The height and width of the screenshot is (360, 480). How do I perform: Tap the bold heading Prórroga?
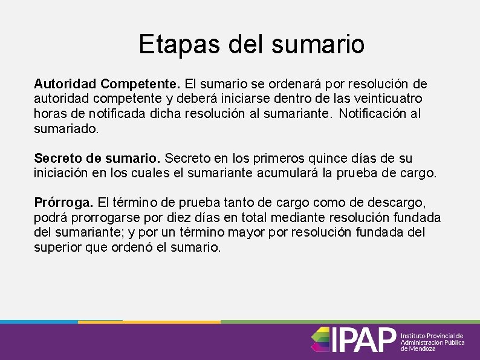pos(63,202)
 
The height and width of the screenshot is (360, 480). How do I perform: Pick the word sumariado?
pos(65,128)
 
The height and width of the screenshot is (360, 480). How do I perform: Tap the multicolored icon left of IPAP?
pos(320,339)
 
